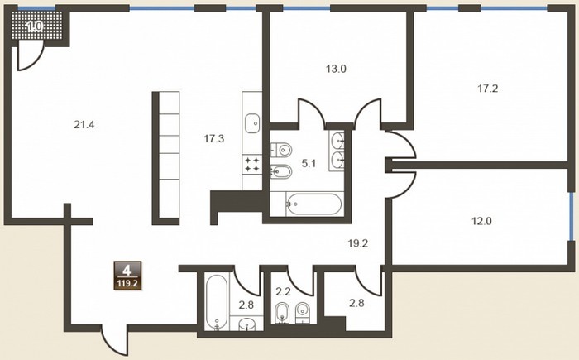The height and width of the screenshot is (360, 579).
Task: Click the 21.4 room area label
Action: (84, 125)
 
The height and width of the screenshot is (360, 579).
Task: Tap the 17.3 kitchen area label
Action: (214, 139)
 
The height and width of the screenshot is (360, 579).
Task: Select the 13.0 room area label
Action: (336, 69)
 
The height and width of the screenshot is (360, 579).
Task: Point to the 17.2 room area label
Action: (488, 89)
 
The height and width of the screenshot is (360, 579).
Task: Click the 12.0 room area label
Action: (482, 222)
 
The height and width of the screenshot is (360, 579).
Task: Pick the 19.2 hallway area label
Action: (358, 243)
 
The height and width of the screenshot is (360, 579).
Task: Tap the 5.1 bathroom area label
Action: (309, 163)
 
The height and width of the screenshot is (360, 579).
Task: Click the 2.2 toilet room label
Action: (283, 292)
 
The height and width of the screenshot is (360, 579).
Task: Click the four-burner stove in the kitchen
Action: (252, 165)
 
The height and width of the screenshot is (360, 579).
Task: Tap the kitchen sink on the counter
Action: (252, 123)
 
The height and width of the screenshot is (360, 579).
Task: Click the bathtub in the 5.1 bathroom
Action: (313, 204)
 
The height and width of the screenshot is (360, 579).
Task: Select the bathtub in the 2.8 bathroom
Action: (217, 302)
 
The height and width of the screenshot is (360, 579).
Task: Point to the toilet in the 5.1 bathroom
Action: (281, 150)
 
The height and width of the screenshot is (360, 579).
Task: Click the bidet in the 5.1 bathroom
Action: (281, 171)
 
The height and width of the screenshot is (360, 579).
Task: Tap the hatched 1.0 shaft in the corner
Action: (37, 26)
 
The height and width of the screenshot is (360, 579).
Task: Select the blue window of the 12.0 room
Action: (571, 216)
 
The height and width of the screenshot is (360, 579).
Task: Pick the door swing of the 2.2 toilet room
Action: (301, 281)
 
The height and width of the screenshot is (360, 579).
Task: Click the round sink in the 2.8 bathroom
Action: (246, 325)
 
